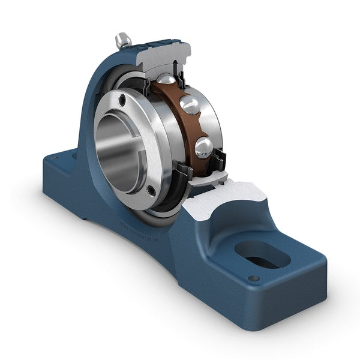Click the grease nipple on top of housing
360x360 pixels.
(x=123, y=40)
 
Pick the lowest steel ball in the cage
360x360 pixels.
(x=203, y=146)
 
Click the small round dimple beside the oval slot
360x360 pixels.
(x=254, y=278)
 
